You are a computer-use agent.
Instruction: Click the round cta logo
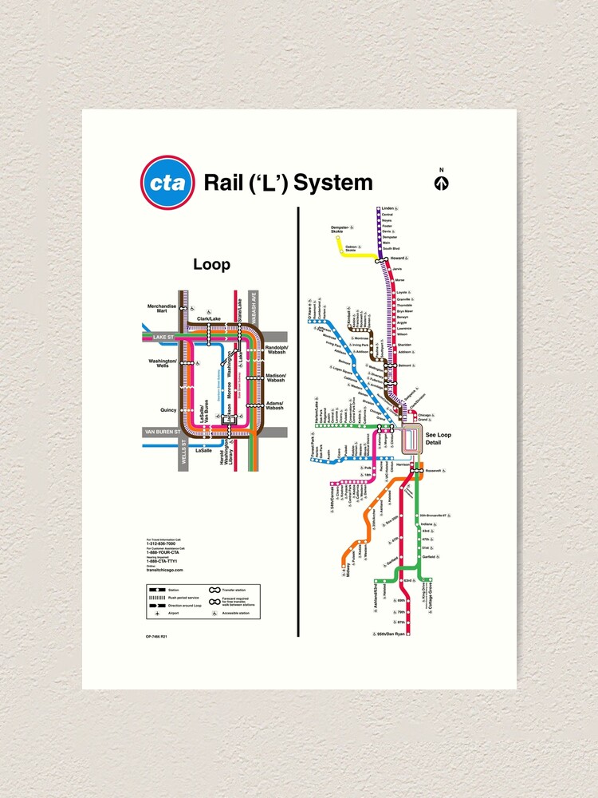click(167, 183)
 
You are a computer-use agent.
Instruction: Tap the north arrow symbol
click(441, 182)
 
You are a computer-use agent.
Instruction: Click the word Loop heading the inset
click(211, 265)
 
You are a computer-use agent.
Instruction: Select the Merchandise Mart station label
click(160, 308)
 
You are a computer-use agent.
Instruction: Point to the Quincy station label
click(168, 410)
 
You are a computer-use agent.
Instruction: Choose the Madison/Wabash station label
click(275, 377)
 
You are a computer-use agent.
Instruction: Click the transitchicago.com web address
click(164, 570)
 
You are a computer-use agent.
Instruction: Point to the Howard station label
click(397, 259)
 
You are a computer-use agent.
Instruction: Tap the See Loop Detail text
click(439, 438)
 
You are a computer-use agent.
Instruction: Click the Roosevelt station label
click(433, 471)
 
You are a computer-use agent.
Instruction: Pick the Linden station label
click(388, 208)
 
